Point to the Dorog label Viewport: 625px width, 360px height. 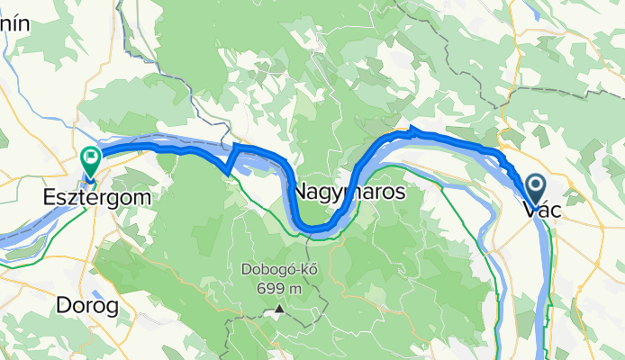(x=87, y=306)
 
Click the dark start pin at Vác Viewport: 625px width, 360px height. (x=535, y=189)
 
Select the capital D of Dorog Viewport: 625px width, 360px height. (x=64, y=306)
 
